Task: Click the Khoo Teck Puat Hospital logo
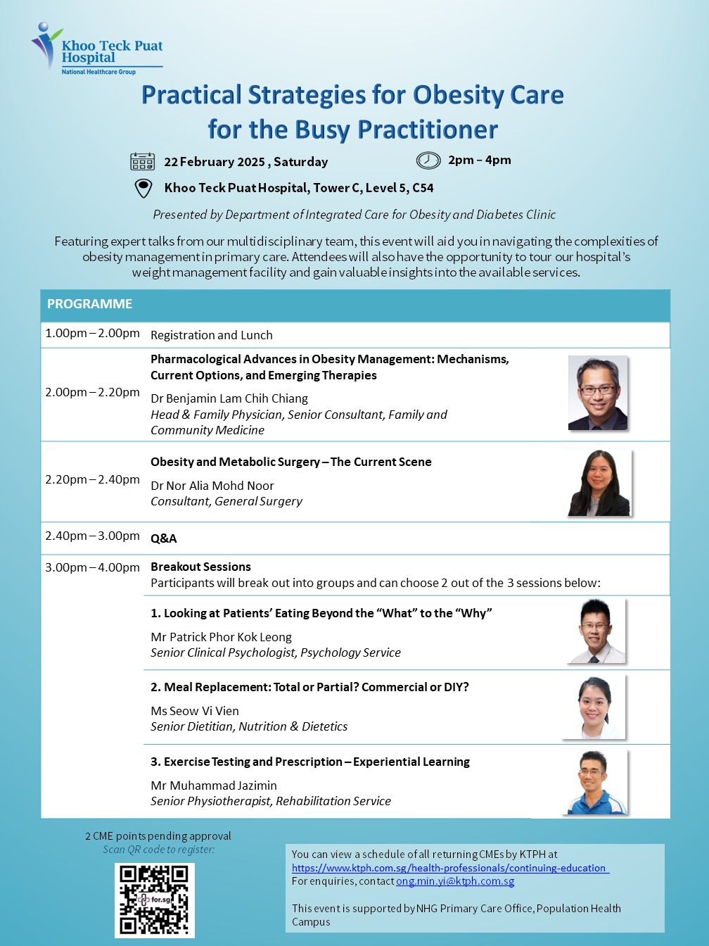coord(97,49)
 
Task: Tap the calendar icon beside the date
coord(143,162)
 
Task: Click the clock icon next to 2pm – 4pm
coord(428,160)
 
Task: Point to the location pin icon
coord(143,189)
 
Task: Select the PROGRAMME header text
coord(89,304)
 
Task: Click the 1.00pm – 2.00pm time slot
coord(93,333)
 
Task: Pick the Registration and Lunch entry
coord(212,335)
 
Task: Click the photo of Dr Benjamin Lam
coord(597,393)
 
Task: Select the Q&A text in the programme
coord(164,538)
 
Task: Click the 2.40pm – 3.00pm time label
coord(93,536)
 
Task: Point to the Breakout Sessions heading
coord(200,567)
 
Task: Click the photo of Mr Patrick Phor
coord(596,631)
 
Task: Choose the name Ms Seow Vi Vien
coord(195,711)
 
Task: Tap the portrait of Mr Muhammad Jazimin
coord(595,782)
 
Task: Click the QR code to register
coord(155,900)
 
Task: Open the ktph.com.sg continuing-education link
coord(450,868)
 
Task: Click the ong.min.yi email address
coord(455,881)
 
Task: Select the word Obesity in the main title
coord(457,95)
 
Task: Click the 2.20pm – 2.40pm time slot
coord(93,479)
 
